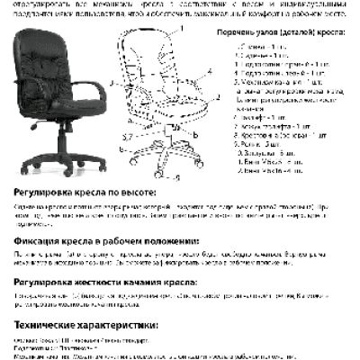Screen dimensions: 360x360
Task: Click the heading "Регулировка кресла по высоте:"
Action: pyautogui.click(x=85, y=193)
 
